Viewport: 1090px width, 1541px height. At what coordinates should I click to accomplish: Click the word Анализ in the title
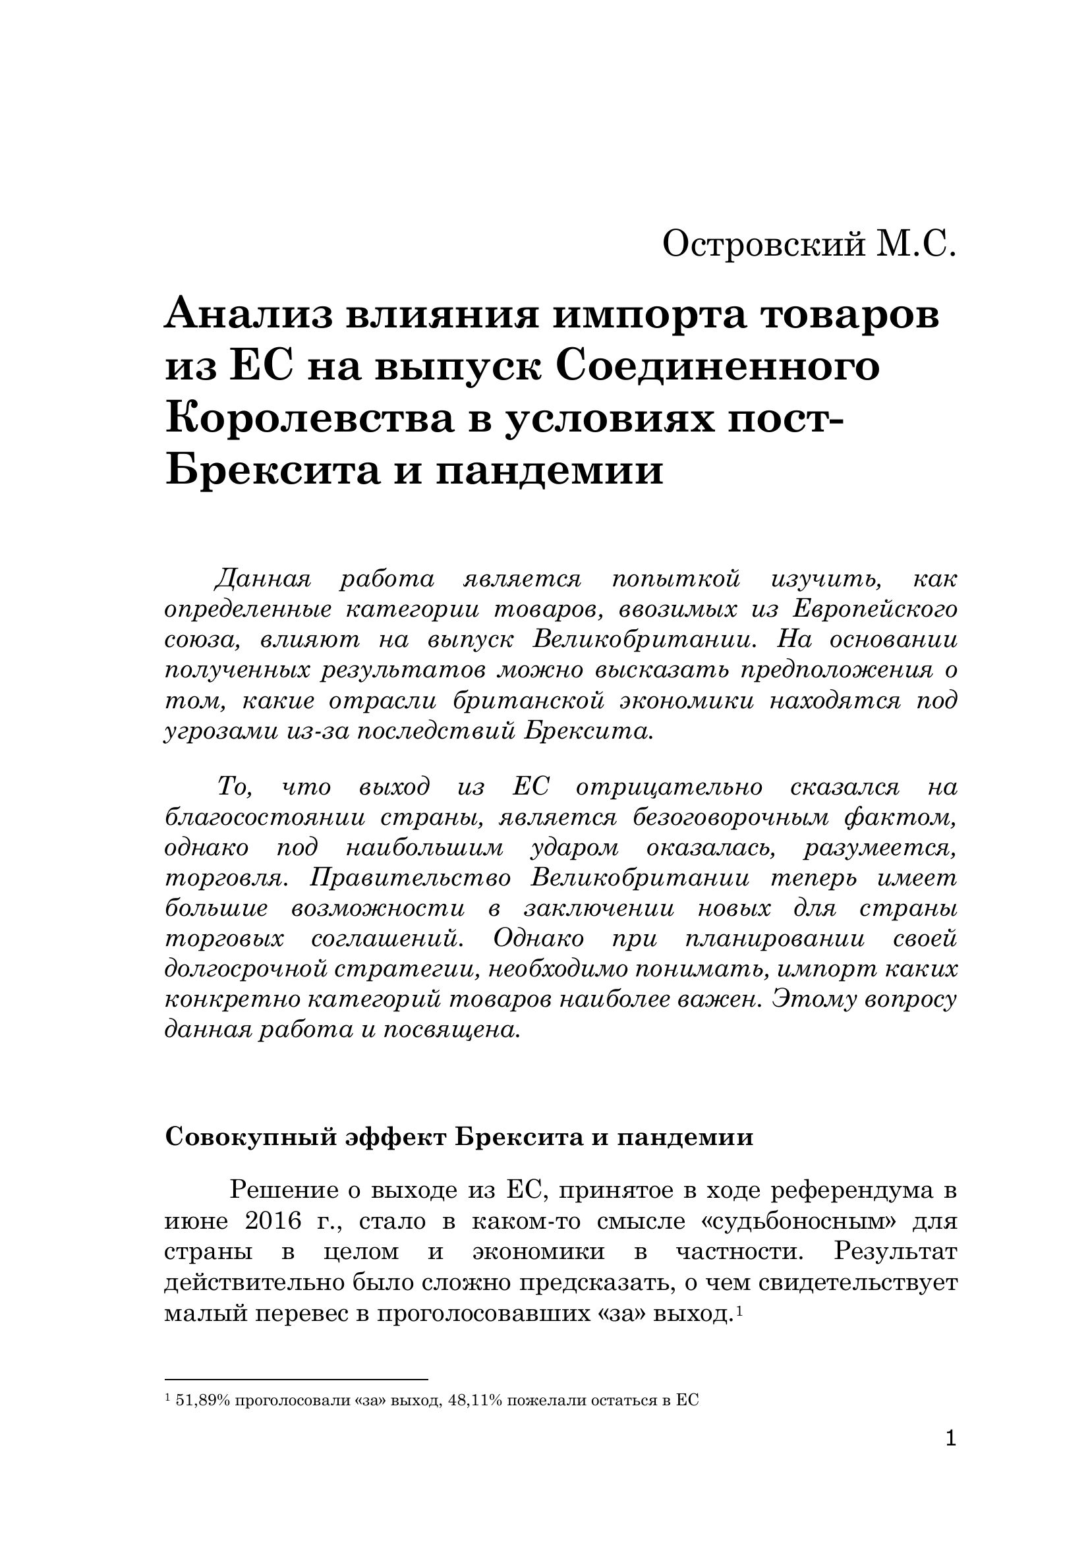(248, 316)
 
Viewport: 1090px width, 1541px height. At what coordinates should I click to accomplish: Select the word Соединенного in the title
(718, 367)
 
